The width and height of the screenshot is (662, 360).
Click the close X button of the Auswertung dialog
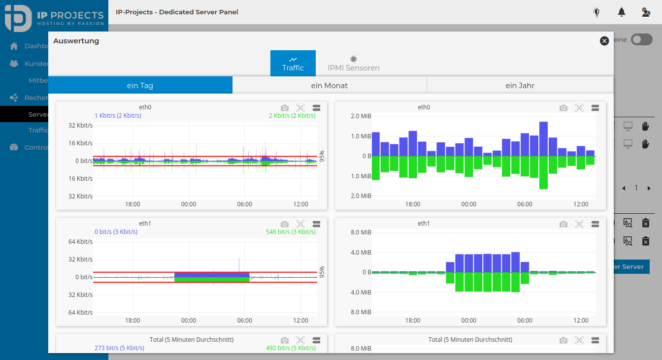(x=604, y=41)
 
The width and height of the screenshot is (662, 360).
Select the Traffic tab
(x=293, y=63)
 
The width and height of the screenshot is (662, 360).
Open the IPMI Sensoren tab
(x=353, y=63)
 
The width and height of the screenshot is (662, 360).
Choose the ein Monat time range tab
(x=329, y=85)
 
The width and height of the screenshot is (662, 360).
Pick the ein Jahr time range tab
(x=520, y=85)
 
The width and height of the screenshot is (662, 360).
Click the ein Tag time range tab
(x=140, y=85)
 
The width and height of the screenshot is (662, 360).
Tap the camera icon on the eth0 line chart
(x=284, y=107)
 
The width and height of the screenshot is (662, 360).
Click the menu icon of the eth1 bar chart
(x=595, y=224)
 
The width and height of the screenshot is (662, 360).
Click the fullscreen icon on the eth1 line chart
(x=300, y=224)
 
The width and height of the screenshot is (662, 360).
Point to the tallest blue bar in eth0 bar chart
(x=543, y=138)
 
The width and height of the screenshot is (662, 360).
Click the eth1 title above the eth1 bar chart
(x=424, y=224)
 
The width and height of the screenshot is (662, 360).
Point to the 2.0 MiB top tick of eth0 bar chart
(x=362, y=116)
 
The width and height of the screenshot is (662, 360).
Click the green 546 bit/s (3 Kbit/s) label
(x=291, y=232)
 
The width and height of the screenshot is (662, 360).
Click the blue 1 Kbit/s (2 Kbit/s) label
(x=118, y=116)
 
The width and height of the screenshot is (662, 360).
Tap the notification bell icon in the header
(x=622, y=12)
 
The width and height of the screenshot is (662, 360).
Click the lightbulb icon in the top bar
(x=596, y=12)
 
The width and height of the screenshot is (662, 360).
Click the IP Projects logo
(x=54, y=18)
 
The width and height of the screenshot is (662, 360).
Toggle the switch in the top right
(x=641, y=40)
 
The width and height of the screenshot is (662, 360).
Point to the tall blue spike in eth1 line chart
(x=239, y=264)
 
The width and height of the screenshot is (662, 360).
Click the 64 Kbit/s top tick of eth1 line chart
(x=80, y=241)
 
